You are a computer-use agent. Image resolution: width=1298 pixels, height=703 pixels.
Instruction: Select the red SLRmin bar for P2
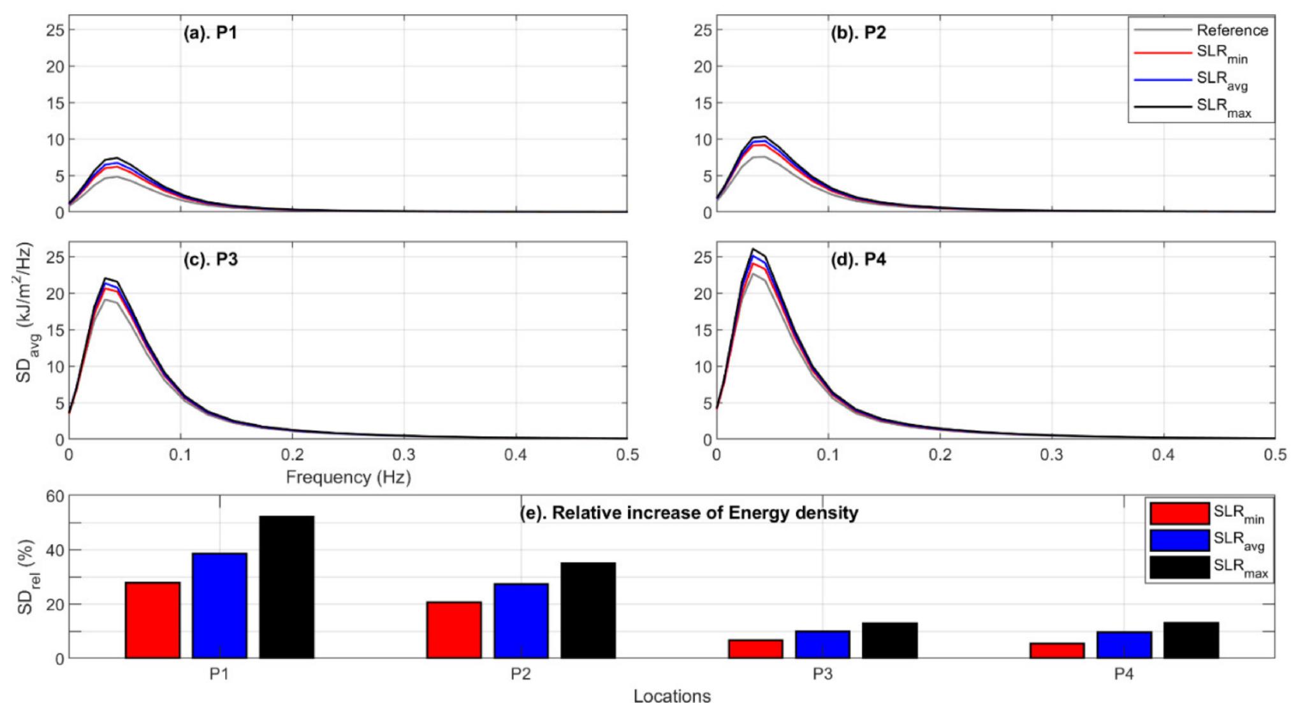(x=454, y=630)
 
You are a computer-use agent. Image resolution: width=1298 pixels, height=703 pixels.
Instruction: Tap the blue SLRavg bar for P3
(x=822, y=644)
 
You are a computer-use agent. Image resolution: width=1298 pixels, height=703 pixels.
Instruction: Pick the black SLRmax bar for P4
(x=1191, y=640)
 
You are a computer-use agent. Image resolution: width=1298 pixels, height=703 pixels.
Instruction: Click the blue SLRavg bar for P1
(x=219, y=605)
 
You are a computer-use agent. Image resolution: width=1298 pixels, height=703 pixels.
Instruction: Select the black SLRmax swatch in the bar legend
(x=1179, y=567)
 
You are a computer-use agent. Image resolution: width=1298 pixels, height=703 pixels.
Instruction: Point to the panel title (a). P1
(x=210, y=33)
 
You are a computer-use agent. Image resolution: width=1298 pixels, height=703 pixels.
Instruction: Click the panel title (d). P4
(x=858, y=259)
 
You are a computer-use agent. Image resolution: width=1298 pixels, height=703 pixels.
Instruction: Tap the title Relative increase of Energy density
(x=689, y=512)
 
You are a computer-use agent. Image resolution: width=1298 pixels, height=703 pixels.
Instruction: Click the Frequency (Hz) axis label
(x=348, y=477)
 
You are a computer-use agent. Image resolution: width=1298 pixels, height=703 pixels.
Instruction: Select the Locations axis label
(x=672, y=695)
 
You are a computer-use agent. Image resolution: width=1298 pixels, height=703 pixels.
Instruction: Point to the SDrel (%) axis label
(x=26, y=577)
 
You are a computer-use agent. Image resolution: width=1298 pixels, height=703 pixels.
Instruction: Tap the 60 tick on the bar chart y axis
(x=55, y=496)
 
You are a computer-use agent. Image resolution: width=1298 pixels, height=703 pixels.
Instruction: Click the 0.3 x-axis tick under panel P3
(x=404, y=454)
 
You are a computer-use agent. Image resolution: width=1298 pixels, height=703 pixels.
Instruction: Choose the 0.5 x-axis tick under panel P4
(x=1274, y=454)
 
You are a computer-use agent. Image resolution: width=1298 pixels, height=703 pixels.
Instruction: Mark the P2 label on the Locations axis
(x=520, y=674)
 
